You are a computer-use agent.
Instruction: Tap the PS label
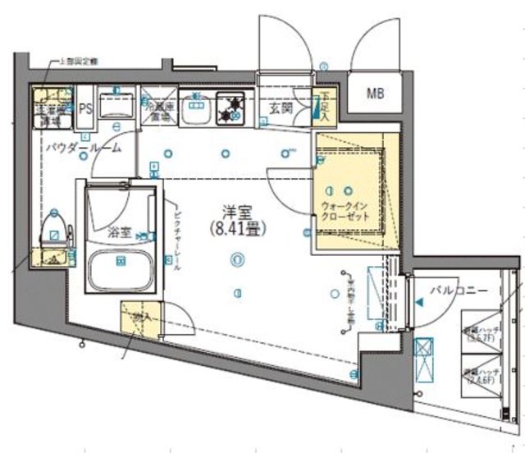click(84, 107)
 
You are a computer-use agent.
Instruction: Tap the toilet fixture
click(53, 229)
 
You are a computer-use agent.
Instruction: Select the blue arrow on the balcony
click(421, 303)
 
